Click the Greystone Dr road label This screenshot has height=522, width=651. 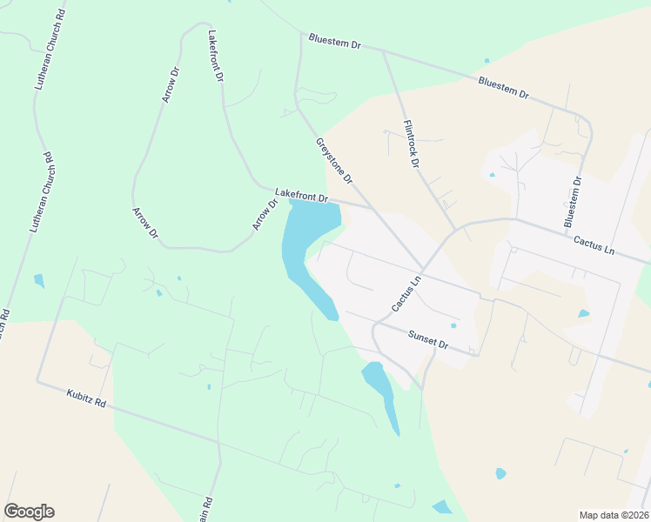pyautogui.click(x=334, y=161)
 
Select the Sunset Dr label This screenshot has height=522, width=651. pyautogui.click(x=427, y=338)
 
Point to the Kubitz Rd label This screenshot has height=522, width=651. pyautogui.click(x=85, y=399)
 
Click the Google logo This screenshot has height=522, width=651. pyautogui.click(x=29, y=512)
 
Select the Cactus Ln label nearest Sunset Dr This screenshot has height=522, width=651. pyautogui.click(x=406, y=293)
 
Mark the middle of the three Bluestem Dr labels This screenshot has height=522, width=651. pyautogui.click(x=503, y=88)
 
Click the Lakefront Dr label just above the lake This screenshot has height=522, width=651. pyautogui.click(x=301, y=196)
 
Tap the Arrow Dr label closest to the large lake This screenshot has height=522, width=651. pyautogui.click(x=265, y=215)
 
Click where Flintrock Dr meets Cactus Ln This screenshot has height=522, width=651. pyautogui.click(x=454, y=231)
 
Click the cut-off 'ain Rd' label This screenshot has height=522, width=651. pyautogui.click(x=208, y=507)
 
